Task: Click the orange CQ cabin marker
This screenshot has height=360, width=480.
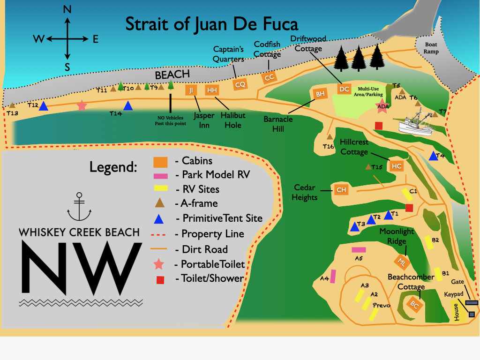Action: (x=240, y=84)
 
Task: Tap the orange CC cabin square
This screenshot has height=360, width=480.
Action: (x=269, y=78)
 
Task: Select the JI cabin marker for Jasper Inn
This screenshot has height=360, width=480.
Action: (x=191, y=90)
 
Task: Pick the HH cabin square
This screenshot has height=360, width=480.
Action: (x=212, y=90)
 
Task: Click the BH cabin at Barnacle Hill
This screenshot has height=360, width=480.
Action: (x=320, y=94)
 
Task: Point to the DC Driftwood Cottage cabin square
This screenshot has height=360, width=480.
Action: (x=345, y=89)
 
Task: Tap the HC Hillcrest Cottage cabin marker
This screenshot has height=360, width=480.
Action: (x=397, y=166)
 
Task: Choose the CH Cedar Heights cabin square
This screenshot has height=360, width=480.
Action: (x=341, y=190)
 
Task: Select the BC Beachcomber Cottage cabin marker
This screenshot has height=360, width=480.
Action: (x=414, y=304)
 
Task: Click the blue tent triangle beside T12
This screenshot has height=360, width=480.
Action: (x=44, y=106)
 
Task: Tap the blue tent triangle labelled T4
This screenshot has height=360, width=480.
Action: (x=434, y=157)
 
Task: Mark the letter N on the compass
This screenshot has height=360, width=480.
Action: (x=67, y=10)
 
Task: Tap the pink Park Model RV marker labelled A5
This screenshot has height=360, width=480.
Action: (x=359, y=250)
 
